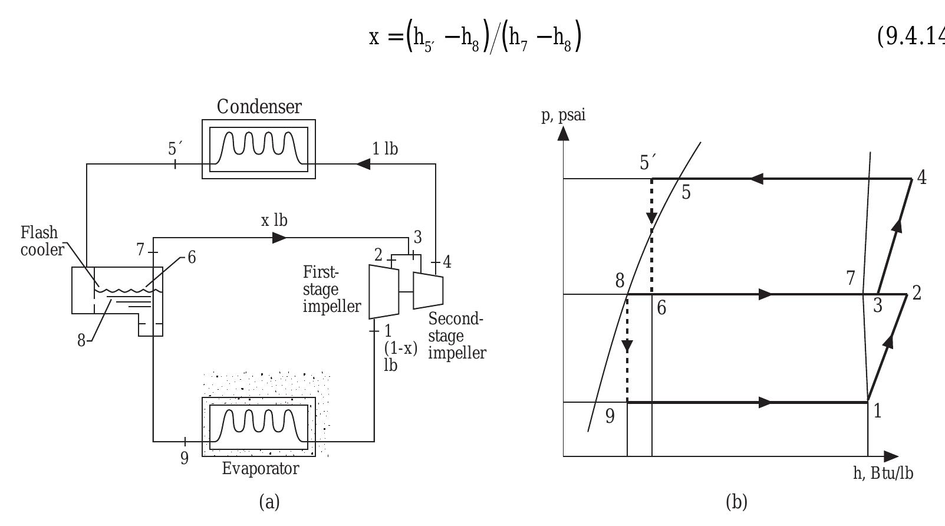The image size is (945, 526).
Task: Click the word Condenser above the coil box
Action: pos(259,107)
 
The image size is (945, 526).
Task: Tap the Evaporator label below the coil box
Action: pos(261,469)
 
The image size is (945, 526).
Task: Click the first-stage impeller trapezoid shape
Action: pos(383,292)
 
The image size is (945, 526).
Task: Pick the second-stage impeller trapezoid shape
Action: pos(428,290)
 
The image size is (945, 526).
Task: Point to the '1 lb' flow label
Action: pos(385,149)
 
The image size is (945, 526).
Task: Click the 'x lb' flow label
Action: pos(274,221)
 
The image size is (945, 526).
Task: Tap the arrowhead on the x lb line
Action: pos(280,238)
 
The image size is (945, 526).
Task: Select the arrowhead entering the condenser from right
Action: pos(363,164)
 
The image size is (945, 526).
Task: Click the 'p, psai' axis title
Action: pos(564,115)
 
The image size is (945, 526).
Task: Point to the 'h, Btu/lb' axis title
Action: pos(883,474)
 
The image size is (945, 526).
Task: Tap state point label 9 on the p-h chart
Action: pos(610,416)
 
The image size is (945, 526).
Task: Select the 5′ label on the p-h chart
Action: pos(648,162)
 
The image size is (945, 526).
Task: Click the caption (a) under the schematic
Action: pos(269,502)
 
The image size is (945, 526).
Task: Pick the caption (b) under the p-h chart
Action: pos(737,502)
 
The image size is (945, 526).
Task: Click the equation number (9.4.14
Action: pos(911,37)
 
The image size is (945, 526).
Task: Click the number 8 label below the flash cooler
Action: pos(81,341)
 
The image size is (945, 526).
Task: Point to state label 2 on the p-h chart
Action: pos(916,293)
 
